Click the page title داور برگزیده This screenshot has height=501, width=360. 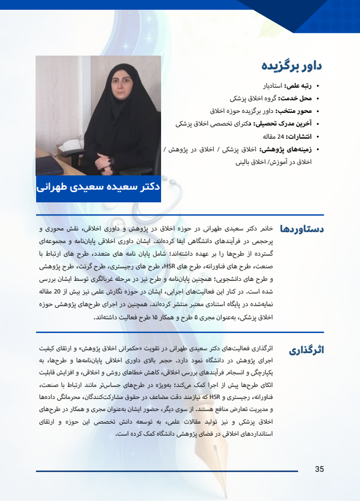tap(292, 65)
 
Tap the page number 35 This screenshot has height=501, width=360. tap(319, 469)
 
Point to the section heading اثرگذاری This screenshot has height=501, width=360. tap(307, 350)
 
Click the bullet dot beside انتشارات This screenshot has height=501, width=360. tap(318, 136)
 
